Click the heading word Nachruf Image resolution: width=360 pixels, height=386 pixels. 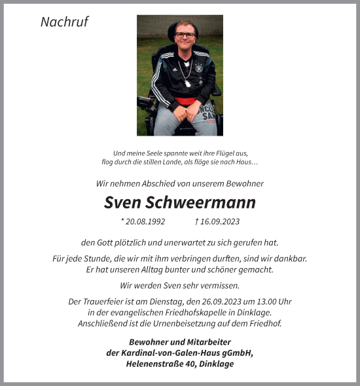(64, 22)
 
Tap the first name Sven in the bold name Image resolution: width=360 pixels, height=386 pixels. (126, 202)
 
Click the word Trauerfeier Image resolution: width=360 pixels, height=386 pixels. (105, 301)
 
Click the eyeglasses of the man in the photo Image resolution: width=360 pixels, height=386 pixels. (185, 35)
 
